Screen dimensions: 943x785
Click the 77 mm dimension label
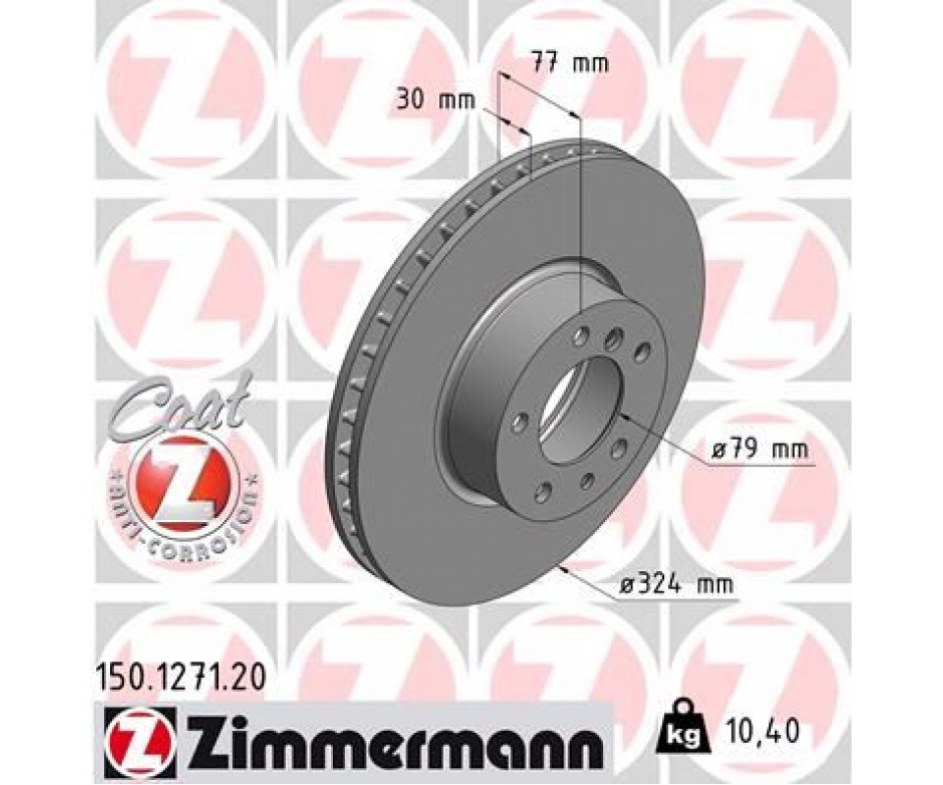point(570,63)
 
